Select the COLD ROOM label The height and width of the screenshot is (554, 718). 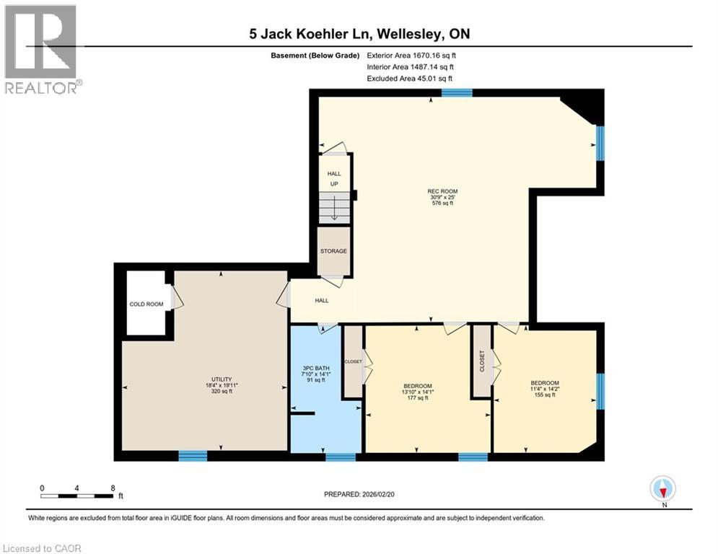[x=146, y=304]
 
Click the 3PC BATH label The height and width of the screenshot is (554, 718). [x=315, y=374]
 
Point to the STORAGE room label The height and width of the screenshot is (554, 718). [x=334, y=251]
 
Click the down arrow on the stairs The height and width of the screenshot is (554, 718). [x=334, y=210]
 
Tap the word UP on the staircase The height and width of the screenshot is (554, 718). [x=334, y=184]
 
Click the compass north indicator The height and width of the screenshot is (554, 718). [x=662, y=489]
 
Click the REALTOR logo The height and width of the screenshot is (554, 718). [x=41, y=49]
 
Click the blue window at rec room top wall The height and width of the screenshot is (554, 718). [x=457, y=92]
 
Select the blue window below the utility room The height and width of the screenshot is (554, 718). [x=193, y=455]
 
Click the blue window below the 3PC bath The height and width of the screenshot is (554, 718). [x=340, y=457]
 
